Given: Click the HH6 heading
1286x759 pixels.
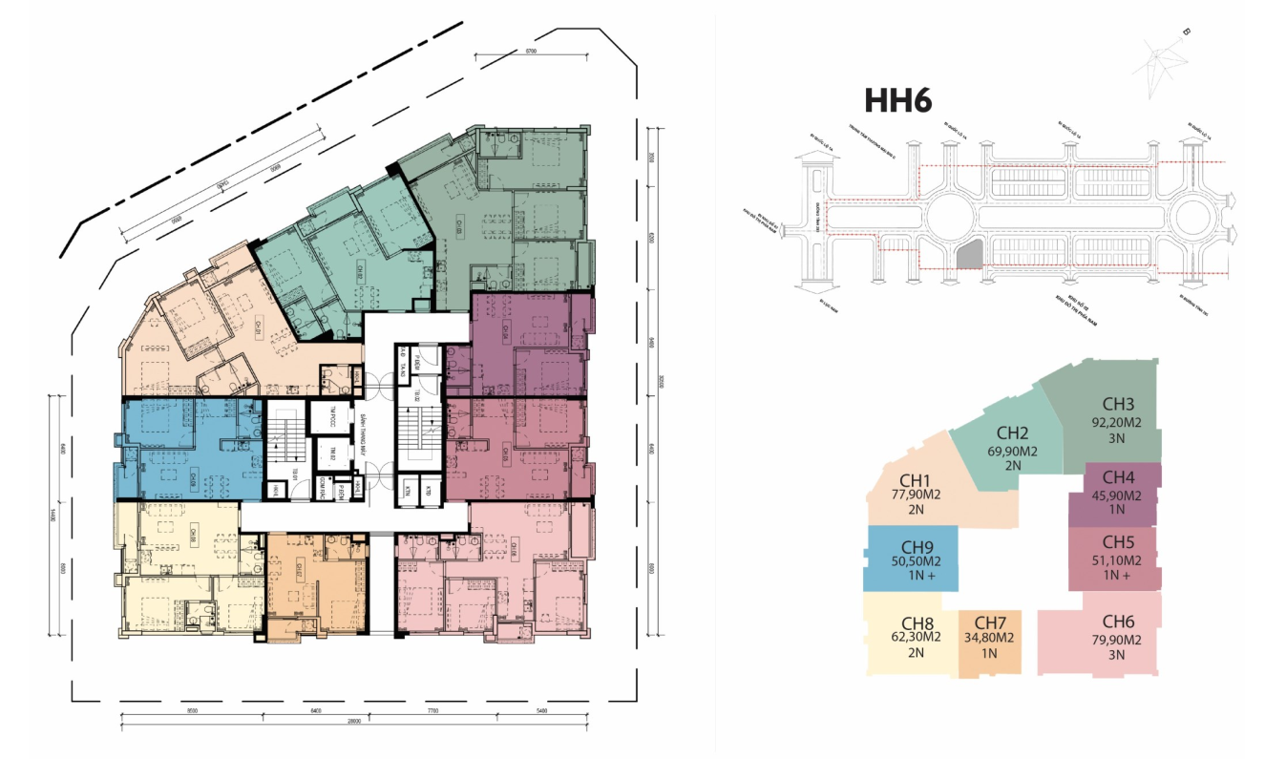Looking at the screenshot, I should coord(897,101).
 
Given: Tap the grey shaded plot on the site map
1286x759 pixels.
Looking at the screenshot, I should coord(970,255).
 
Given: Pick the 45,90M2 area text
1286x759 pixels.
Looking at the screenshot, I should coord(1117,495).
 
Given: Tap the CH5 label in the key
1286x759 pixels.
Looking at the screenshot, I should coord(1117,542).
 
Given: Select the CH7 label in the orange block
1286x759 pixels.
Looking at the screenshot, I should coord(988,622).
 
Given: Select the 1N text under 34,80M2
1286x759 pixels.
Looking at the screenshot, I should coord(988,654).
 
